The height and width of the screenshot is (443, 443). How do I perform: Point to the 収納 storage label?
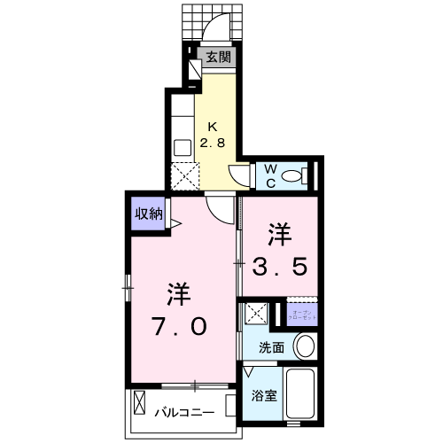(x=148, y=213)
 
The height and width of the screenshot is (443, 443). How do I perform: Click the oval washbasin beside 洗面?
(x=304, y=345)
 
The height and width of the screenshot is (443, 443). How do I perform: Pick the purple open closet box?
(x=299, y=314)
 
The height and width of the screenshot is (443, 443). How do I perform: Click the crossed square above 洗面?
(x=256, y=313)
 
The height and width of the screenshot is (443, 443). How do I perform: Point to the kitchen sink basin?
(x=183, y=146)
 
